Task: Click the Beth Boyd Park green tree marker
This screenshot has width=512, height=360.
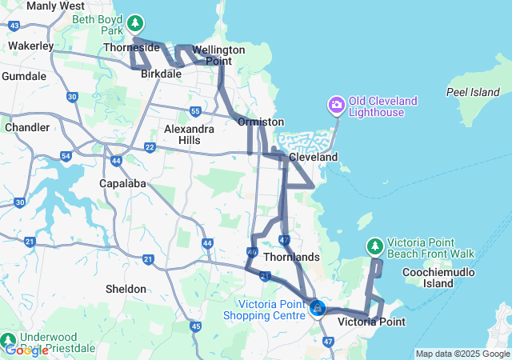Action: coord(137,22)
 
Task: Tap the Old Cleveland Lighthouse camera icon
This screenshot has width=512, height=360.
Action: coord(336,105)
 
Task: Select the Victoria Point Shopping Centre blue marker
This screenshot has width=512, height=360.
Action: coord(317,307)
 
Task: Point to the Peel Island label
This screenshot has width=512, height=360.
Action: coord(472,92)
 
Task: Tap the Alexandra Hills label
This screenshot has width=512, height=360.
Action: coord(189,134)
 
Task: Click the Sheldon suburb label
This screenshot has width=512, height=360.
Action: coord(126,289)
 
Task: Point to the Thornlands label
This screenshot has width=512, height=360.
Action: coord(291,257)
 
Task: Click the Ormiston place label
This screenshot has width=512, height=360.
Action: coord(260,122)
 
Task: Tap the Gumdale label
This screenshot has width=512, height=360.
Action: coord(24,76)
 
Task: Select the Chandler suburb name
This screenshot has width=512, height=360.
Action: coord(26,127)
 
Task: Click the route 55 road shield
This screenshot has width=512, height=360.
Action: coord(195,111)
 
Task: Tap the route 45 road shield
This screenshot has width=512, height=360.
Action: coord(196,326)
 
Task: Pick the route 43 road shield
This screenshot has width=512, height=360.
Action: coord(14,26)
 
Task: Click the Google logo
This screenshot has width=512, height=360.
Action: coord(26,350)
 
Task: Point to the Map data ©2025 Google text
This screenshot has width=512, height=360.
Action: coord(462,354)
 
